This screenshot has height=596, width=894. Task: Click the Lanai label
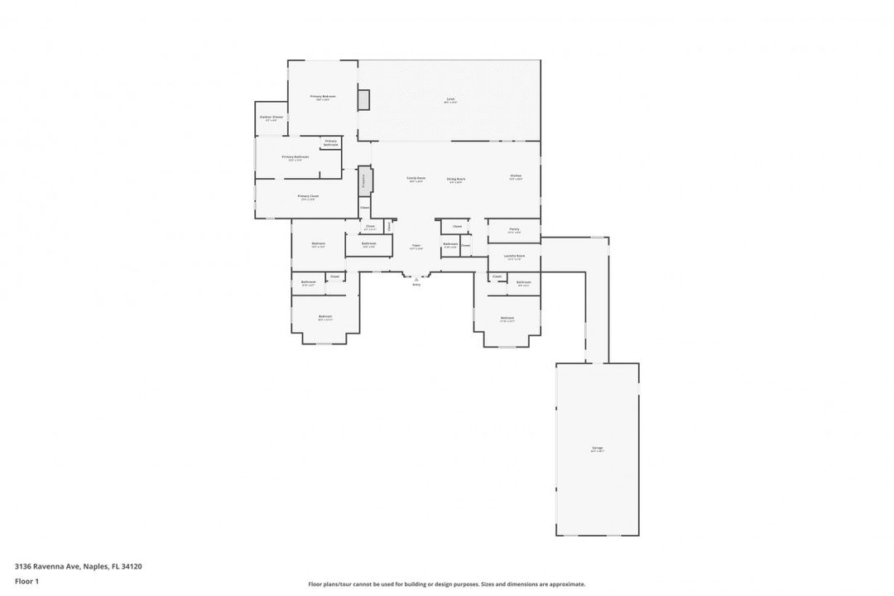450,99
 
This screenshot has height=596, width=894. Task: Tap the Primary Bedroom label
322,97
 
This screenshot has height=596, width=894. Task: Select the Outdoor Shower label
271,117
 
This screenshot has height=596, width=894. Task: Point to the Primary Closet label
308,196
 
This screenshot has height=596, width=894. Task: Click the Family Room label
416,178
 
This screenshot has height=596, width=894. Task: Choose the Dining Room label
456,179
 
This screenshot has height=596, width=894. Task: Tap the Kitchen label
516,176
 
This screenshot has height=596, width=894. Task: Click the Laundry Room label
514,256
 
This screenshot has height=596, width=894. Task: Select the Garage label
597,448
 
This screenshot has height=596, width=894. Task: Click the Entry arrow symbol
416,279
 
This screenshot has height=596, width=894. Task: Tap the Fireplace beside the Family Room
364,181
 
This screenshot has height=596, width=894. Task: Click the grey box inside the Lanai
363,99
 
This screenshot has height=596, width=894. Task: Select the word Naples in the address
96,566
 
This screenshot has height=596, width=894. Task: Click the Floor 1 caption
26,581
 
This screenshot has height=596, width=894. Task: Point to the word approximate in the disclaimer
567,584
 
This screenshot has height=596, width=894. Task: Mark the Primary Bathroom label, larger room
296,156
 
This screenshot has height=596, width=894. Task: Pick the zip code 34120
131,566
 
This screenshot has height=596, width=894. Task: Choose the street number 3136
24,566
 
